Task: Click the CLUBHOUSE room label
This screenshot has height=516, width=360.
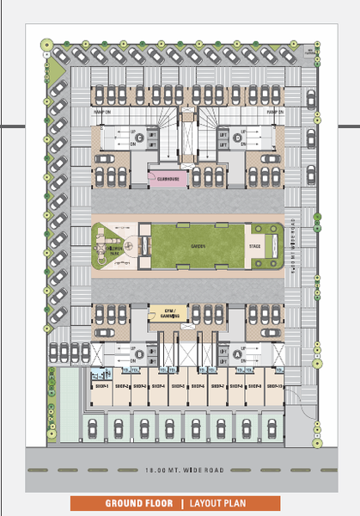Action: tap(168, 179)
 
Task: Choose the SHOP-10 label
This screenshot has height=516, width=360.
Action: tap(275, 386)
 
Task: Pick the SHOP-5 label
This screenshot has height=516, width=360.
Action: tap(177, 386)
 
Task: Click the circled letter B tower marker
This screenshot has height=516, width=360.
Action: tap(138, 353)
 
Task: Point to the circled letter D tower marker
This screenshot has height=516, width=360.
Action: tap(238, 137)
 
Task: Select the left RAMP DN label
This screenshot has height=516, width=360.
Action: tap(107, 111)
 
